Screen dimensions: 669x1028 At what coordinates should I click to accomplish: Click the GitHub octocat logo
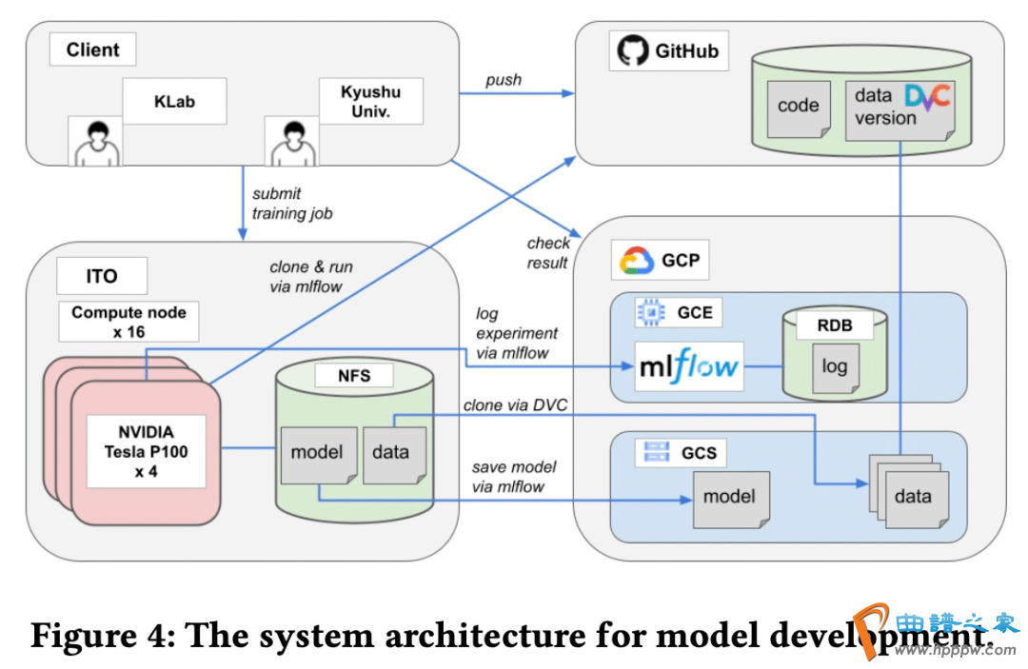(x=630, y=50)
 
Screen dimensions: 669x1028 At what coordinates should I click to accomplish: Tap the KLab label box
(x=174, y=100)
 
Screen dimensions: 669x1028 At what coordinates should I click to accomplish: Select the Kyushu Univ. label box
(x=370, y=102)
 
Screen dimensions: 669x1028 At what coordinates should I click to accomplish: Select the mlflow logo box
(x=690, y=366)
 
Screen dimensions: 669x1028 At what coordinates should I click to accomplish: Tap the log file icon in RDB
(x=834, y=367)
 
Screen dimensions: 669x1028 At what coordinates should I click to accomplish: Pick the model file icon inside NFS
(x=318, y=454)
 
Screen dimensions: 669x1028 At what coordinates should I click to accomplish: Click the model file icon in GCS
(x=729, y=497)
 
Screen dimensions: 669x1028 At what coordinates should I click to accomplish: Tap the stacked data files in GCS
(x=908, y=493)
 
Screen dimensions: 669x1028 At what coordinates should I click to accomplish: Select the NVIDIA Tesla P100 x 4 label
(x=146, y=451)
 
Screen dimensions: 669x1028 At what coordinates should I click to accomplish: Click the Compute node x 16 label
(x=128, y=322)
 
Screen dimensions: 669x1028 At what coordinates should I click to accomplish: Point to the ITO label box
(x=102, y=276)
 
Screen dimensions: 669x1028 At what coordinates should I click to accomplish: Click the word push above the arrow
(x=504, y=80)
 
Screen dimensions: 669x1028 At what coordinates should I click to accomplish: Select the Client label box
(x=92, y=50)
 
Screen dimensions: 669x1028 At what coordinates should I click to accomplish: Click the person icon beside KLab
(x=95, y=140)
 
